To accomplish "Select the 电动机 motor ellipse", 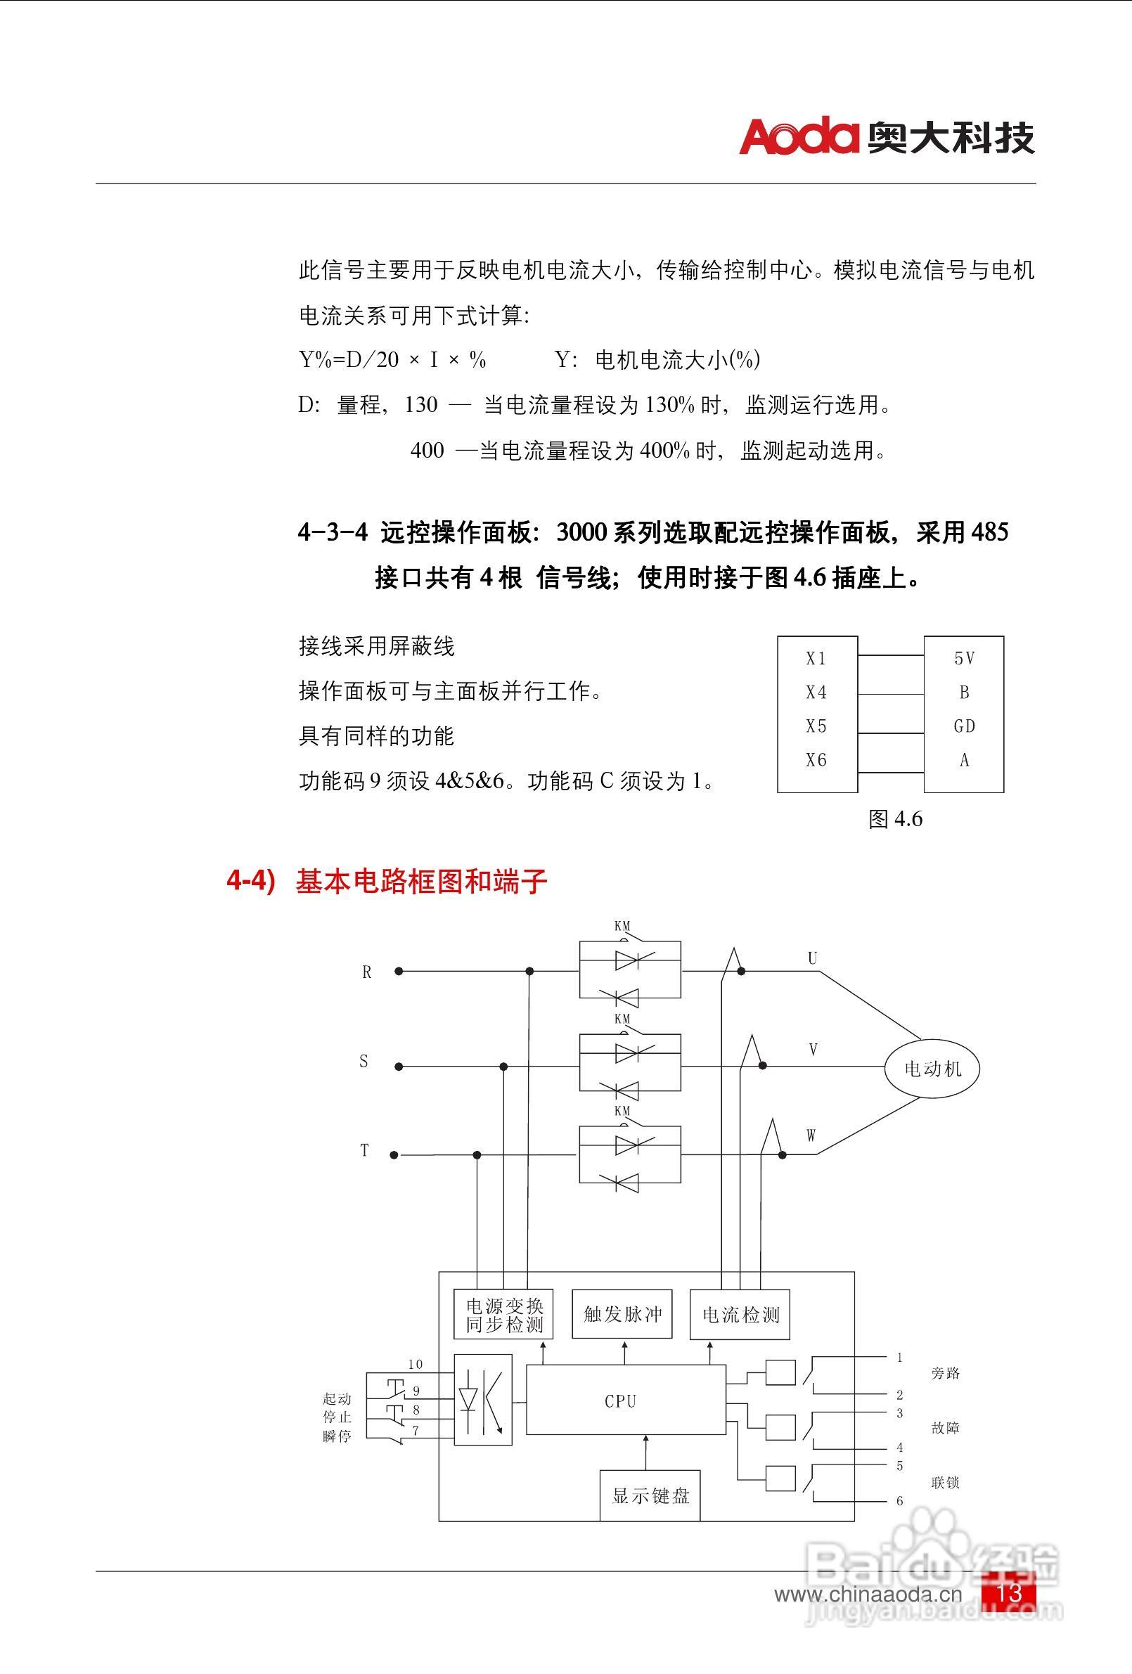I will pyautogui.click(x=932, y=1068).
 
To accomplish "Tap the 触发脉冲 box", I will pyautogui.click(x=622, y=1315).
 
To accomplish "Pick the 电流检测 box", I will pyautogui.click(x=740, y=1315).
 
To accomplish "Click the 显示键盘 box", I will pyautogui.click(x=650, y=1495).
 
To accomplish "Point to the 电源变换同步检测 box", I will pyautogui.click(x=503, y=1315).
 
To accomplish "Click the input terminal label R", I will pyautogui.click(x=367, y=972).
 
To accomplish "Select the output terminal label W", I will pyautogui.click(x=811, y=1136).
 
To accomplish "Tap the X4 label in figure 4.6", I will pyautogui.click(x=816, y=693).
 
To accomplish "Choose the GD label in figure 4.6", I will pyautogui.click(x=964, y=726).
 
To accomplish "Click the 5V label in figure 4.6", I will pyautogui.click(x=964, y=658).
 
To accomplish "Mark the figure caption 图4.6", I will pyautogui.click(x=895, y=819).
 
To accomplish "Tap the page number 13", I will pyautogui.click(x=1009, y=1592).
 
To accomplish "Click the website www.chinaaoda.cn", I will pyautogui.click(x=868, y=1595).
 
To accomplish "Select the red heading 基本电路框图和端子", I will pyautogui.click(x=422, y=882).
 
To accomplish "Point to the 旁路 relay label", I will pyautogui.click(x=945, y=1373).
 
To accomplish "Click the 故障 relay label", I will pyautogui.click(x=945, y=1428).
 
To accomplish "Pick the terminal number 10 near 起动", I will pyautogui.click(x=416, y=1364).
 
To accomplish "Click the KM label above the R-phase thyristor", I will pyautogui.click(x=622, y=927).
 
